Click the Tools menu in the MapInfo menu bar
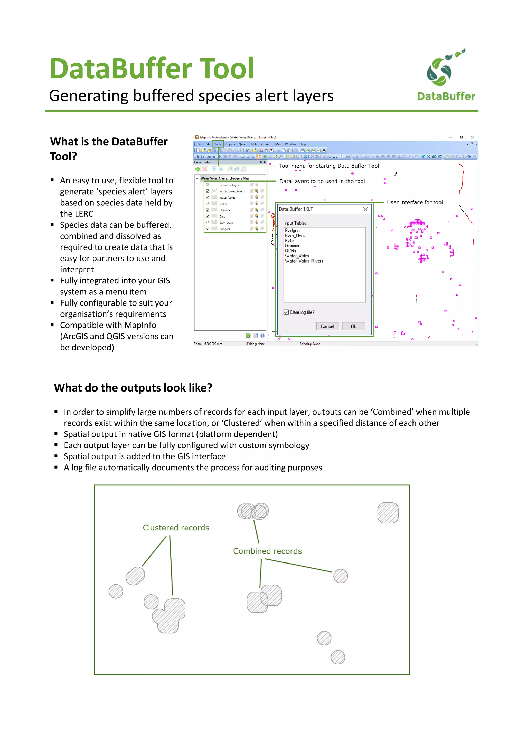pos(218,144)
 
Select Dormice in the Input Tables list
pos(292,246)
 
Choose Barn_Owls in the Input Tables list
pos(295,236)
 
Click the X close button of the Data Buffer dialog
pos(365,209)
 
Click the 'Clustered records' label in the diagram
pos(176,528)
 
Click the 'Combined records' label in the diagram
pos(267,551)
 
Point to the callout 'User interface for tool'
pos(415,202)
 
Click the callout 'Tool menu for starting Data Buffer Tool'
pos(328,166)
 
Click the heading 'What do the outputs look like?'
pos(133,388)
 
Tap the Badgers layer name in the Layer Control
pos(224,229)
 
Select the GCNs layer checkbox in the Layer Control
pos(208,204)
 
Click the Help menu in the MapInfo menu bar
pos(302,144)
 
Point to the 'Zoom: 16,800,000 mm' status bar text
pos(208,344)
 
